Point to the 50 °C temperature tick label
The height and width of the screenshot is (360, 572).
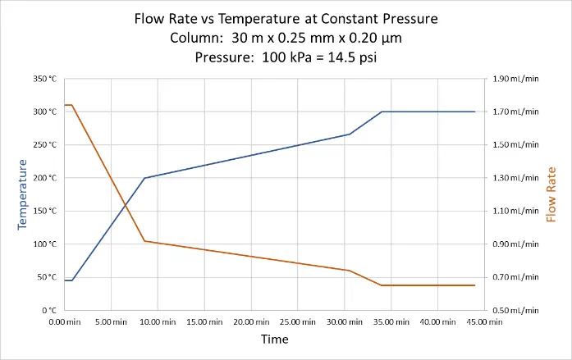(x=46, y=277)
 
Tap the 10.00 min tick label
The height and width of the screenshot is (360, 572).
(x=158, y=322)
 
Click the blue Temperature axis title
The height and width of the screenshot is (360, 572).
(x=23, y=194)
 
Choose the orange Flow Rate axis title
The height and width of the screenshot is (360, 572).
(x=551, y=194)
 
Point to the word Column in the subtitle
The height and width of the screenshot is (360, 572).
(x=195, y=38)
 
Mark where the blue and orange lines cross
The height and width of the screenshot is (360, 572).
(x=126, y=205)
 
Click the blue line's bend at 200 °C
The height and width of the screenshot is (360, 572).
(x=144, y=178)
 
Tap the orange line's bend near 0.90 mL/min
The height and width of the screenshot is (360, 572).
(x=144, y=241)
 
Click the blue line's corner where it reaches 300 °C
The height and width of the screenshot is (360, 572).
(x=382, y=112)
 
